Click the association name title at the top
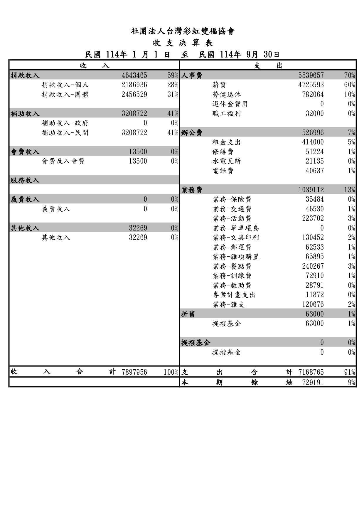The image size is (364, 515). click(x=183, y=31)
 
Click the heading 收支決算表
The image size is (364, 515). click(x=183, y=43)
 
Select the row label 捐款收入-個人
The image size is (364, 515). click(x=65, y=85)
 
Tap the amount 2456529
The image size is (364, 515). click(x=134, y=95)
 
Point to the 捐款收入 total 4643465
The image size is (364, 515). click(x=134, y=75)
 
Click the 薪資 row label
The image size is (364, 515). click(x=219, y=85)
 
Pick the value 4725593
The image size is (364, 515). click(x=311, y=85)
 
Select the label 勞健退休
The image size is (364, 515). click(x=226, y=95)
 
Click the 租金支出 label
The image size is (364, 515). click(x=226, y=142)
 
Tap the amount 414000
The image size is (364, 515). click(x=313, y=142)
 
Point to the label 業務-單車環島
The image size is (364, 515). click(x=236, y=228)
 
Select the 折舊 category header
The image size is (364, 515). click(x=188, y=314)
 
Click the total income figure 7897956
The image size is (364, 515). click(x=134, y=372)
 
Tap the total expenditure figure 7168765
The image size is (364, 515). click(x=311, y=372)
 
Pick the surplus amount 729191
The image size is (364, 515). click(x=313, y=382)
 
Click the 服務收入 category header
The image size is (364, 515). click(x=25, y=180)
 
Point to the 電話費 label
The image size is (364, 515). click(x=223, y=171)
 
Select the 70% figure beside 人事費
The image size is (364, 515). click(x=350, y=75)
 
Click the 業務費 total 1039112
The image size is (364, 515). click(x=311, y=190)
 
